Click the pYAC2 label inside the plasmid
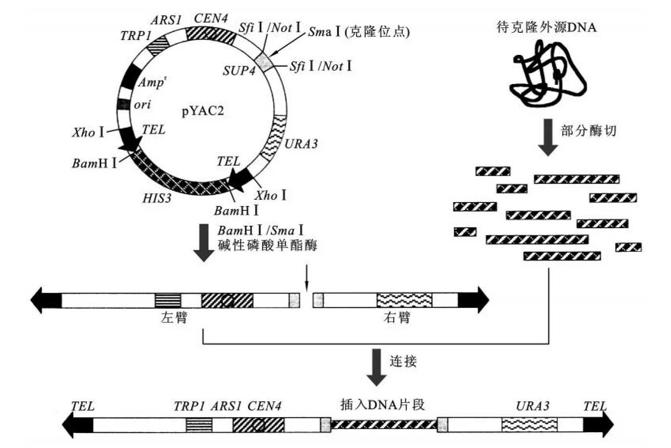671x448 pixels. tap(202, 111)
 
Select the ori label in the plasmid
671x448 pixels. tap(142, 105)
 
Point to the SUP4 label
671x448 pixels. tap(239, 71)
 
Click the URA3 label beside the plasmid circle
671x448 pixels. tap(301, 144)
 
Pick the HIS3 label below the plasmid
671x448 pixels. tap(157, 198)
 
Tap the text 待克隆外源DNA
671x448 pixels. tap(546, 27)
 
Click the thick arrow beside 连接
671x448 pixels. tap(376, 367)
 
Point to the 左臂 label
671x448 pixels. tap(174, 317)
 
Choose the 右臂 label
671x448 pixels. tap(397, 317)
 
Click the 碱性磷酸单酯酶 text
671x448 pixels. tap(267, 246)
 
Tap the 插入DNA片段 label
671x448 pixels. tap(382, 405)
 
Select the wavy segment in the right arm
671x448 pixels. tap(404, 300)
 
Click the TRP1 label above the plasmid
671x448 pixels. tap(136, 36)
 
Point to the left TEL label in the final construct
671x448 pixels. tap(83, 406)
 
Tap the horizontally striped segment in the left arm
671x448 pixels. tap(168, 300)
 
